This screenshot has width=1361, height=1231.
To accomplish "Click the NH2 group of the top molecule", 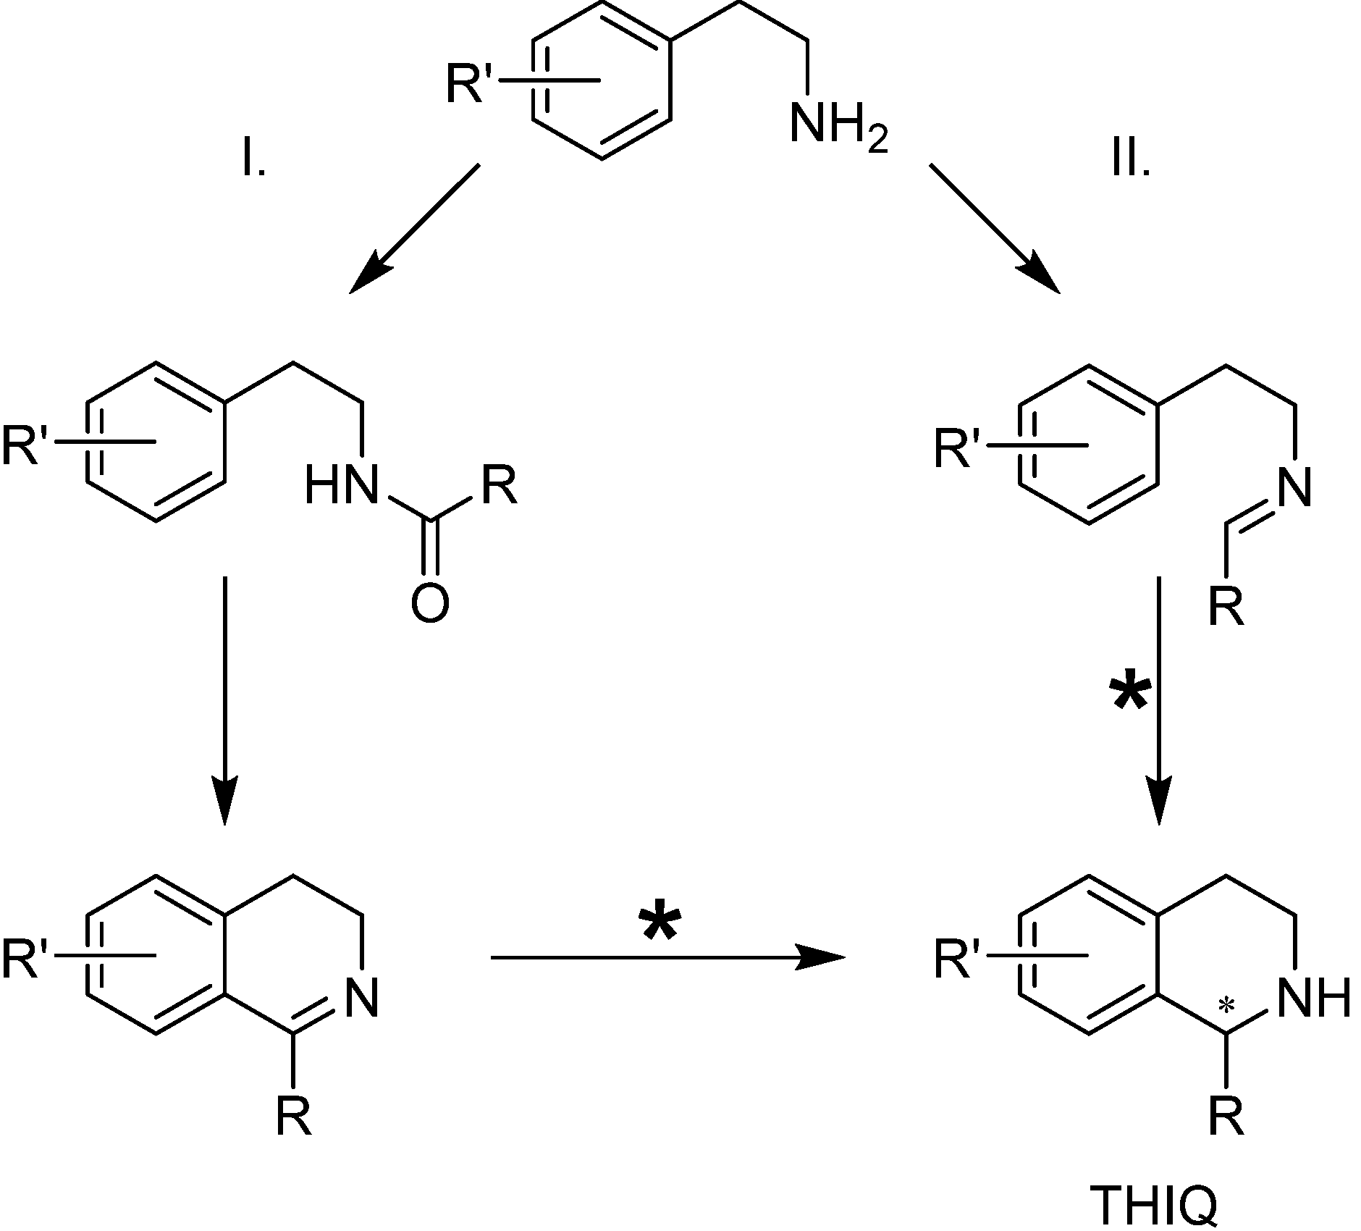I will [x=836, y=125].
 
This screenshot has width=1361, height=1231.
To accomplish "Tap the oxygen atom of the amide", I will [x=429, y=602].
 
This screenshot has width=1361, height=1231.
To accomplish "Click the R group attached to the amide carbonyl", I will [x=500, y=484].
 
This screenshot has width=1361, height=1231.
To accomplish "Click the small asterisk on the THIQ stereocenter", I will [x=1225, y=1005].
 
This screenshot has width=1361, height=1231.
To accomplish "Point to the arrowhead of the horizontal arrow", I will [x=825, y=957].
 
